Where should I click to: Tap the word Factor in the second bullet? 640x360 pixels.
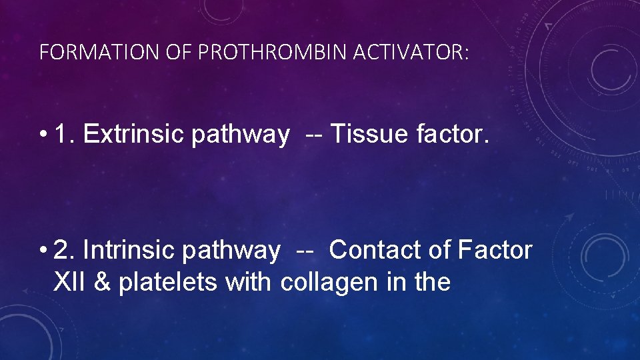(x=495, y=251)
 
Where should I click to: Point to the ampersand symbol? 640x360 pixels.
(x=103, y=282)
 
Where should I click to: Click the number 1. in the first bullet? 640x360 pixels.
(x=65, y=135)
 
